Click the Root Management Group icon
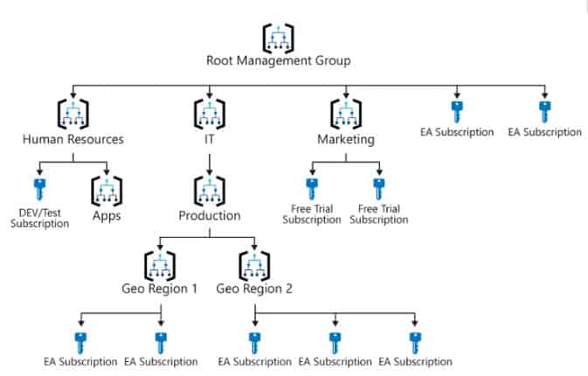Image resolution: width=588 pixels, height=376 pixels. [278, 37]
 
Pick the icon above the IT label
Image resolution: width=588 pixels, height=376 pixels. [208, 115]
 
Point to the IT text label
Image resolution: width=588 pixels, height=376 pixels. [208, 138]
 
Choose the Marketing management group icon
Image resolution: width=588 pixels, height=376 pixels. [345, 115]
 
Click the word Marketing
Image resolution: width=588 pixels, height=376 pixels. [345, 138]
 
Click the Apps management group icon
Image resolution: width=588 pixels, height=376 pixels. [107, 191]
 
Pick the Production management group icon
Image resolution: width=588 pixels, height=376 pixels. [208, 191]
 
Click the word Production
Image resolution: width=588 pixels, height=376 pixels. [208, 215]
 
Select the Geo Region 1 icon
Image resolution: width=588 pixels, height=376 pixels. [161, 266]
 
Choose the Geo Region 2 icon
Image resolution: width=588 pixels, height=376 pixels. [254, 266]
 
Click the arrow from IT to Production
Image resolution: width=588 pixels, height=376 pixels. [208, 162]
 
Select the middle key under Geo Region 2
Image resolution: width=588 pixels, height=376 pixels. [335, 341]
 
